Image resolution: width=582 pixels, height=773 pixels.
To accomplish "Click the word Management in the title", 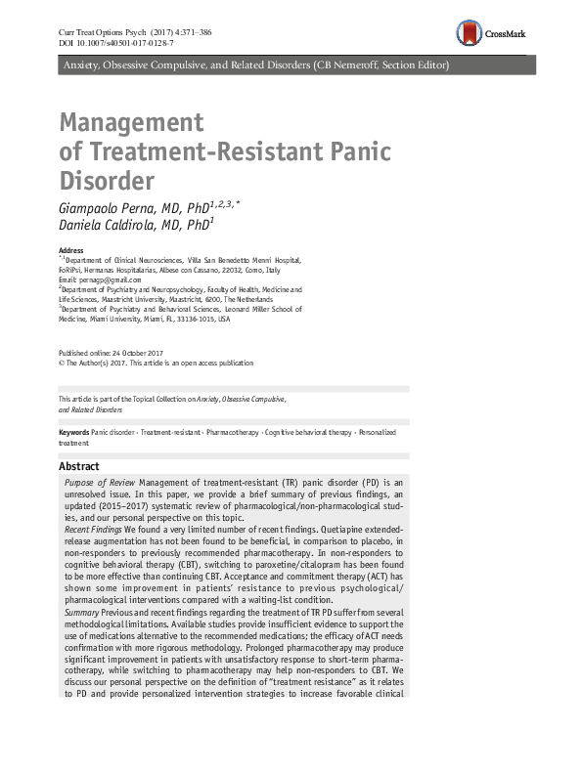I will click(x=131, y=123).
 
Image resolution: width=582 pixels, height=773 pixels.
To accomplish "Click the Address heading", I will click(x=71, y=251).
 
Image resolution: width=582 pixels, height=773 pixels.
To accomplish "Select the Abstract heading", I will click(x=79, y=466).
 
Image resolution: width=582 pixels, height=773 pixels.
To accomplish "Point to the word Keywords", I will click(x=74, y=432).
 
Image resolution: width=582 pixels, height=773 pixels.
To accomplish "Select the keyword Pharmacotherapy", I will click(x=232, y=432).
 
